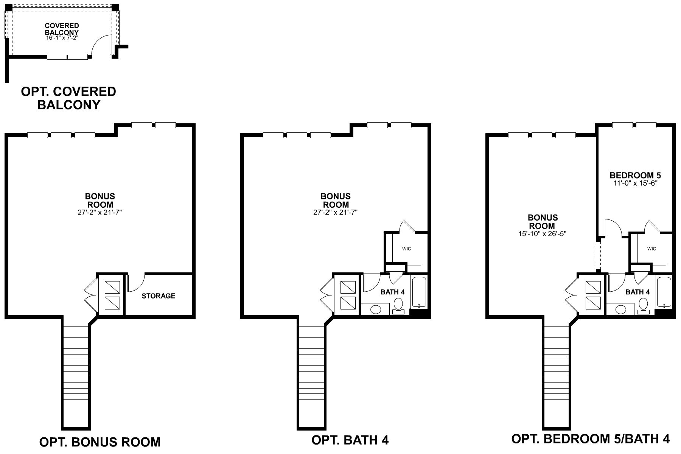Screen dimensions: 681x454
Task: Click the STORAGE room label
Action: [x=158, y=296]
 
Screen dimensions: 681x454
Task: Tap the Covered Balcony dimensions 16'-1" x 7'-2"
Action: [x=62, y=38]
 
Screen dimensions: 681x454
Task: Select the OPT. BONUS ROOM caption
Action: [x=100, y=442]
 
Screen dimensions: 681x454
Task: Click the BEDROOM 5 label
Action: [x=635, y=175]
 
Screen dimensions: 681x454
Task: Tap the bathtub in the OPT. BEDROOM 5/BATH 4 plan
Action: [x=664, y=292]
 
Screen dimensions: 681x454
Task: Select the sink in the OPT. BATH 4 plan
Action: [x=375, y=309]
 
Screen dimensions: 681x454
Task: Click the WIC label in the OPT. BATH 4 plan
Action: [x=406, y=249]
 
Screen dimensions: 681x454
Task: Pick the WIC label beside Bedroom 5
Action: [x=651, y=249]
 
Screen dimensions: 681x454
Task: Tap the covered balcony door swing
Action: [x=101, y=45]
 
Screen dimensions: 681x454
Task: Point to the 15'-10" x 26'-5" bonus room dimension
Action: [x=542, y=234]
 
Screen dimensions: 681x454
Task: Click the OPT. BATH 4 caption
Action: [x=350, y=440]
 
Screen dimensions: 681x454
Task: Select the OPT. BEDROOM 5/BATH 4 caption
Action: [x=590, y=439]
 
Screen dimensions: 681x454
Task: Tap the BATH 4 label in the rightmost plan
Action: [x=637, y=292]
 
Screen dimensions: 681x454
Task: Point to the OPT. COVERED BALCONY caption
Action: [x=68, y=98]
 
